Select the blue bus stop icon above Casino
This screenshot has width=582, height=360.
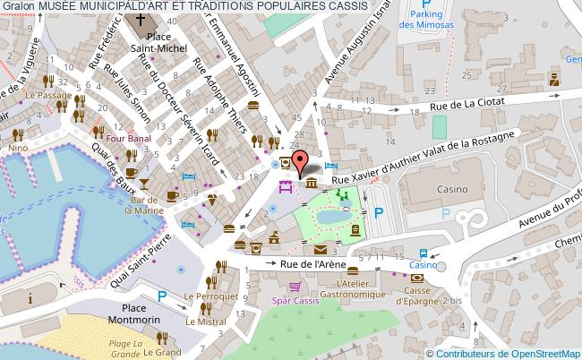pyautogui.click(x=422, y=253)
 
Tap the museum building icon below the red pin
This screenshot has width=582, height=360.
pyautogui.click(x=310, y=183)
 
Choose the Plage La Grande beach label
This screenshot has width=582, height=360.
pyautogui.click(x=128, y=349)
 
